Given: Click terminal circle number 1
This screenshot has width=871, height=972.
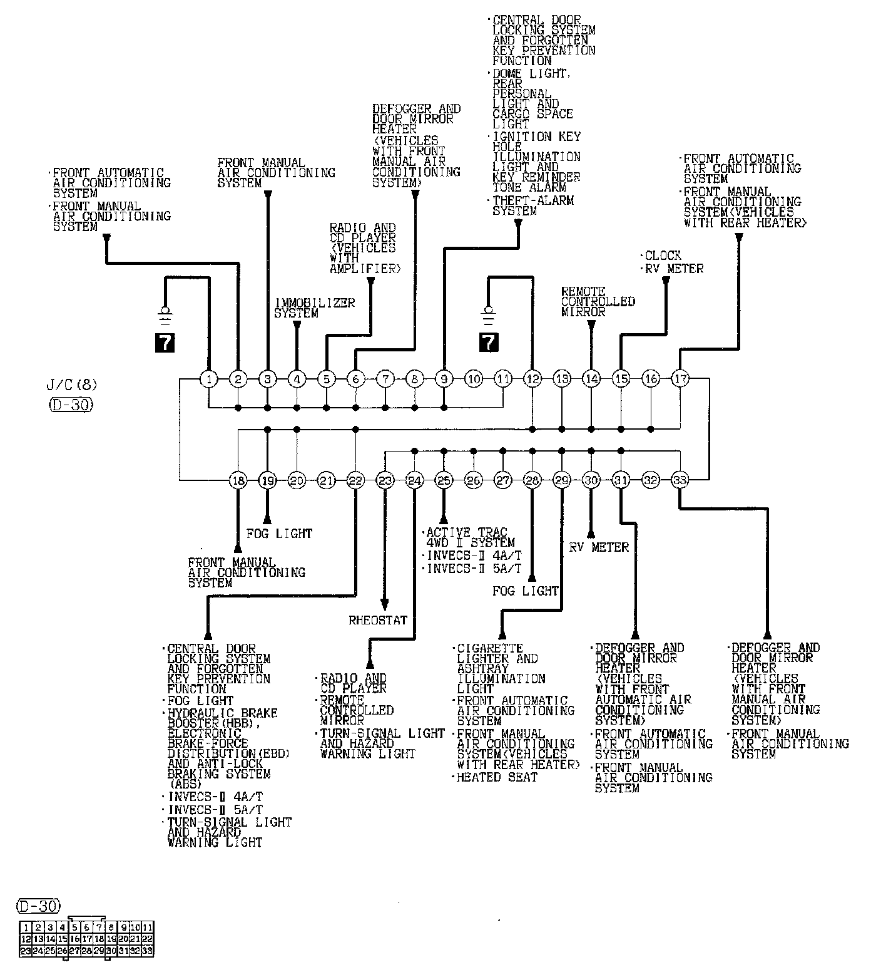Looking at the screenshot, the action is (x=208, y=378).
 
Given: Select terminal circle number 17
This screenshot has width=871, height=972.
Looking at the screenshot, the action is (x=680, y=378).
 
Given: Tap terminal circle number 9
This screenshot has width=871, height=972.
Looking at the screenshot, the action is (x=444, y=378).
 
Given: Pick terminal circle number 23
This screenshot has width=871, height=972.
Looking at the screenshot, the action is (x=385, y=480).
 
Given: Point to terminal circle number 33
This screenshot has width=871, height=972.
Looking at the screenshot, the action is (x=680, y=480).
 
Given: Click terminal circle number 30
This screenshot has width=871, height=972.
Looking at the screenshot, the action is (x=591, y=480).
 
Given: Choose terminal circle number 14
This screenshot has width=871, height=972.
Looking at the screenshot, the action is (x=591, y=378).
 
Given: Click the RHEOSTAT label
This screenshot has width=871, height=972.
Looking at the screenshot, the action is (x=378, y=621).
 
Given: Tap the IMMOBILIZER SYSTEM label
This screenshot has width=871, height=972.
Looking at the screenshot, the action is (x=315, y=308).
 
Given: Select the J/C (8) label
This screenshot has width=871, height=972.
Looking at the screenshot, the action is (x=72, y=384).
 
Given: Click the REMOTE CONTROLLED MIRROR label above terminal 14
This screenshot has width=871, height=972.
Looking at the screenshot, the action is (x=598, y=302).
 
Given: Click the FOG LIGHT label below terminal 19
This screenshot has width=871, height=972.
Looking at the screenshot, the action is (x=279, y=534).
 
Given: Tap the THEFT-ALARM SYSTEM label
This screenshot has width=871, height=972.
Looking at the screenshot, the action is (x=531, y=206).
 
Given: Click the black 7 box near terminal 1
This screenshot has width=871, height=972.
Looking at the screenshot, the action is (x=165, y=342).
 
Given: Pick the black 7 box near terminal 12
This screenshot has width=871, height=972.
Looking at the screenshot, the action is (x=489, y=342).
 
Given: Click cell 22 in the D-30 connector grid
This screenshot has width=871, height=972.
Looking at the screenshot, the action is (x=148, y=939).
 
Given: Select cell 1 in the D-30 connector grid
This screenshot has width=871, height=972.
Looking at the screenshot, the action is (x=26, y=927).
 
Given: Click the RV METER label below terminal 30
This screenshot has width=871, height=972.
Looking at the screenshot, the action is (x=599, y=547).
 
